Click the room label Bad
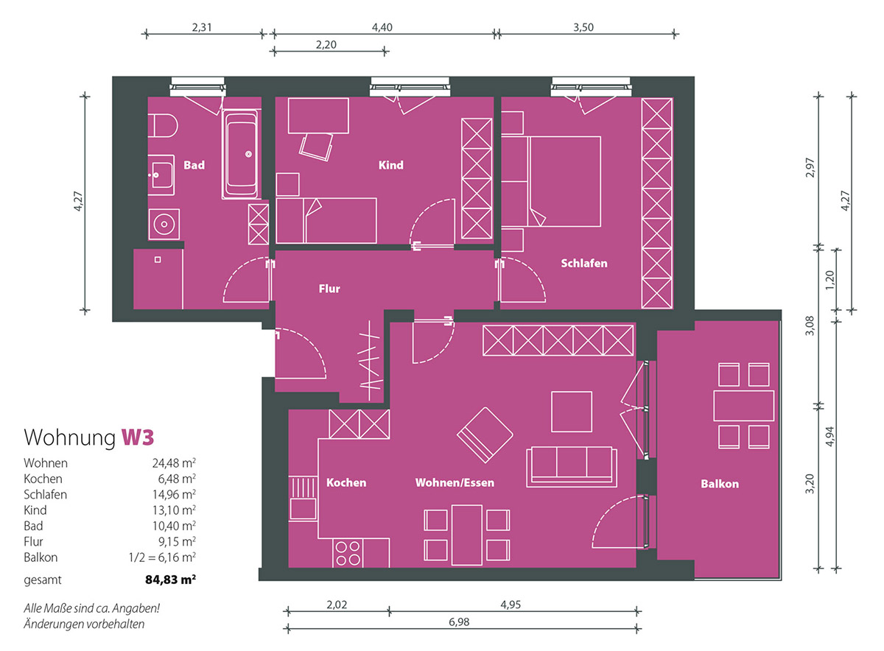click(x=194, y=165)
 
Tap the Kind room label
click(x=390, y=165)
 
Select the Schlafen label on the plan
click(x=584, y=263)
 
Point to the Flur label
click(x=329, y=289)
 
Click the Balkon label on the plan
click(x=720, y=484)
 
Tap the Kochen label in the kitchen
click(x=346, y=482)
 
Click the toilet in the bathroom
click(x=163, y=126)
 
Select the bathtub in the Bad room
click(x=240, y=154)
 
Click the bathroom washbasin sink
click(x=161, y=175)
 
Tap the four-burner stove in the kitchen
click(x=348, y=553)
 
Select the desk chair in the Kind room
click(x=316, y=147)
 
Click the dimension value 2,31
click(x=202, y=27)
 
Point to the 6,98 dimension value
click(x=459, y=622)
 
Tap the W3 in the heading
click(x=137, y=437)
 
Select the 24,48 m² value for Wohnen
click(x=174, y=462)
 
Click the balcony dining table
click(x=743, y=406)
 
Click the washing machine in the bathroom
click(x=164, y=224)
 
